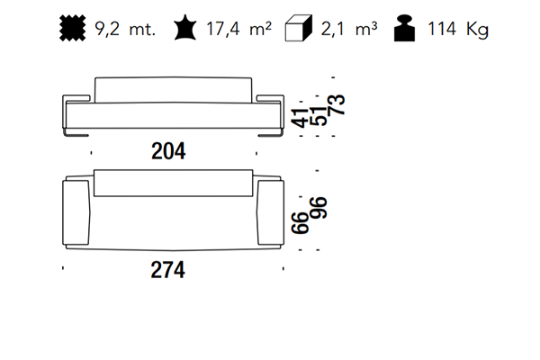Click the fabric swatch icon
tap(73, 28)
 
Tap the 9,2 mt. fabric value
tap(125, 29)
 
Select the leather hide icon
tap(185, 28)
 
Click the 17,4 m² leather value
tap(238, 29)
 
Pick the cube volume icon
tap(299, 28)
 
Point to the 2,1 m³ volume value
tap(349, 29)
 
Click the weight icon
tap(404, 28)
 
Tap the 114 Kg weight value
tap(458, 29)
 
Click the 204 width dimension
tap(168, 151)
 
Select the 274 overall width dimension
tap(167, 270)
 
